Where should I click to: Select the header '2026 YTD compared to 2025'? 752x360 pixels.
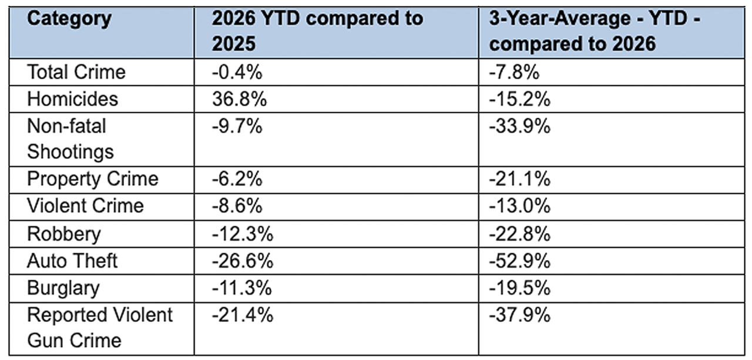[317, 31]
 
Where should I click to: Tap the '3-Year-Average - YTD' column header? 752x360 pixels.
[595, 31]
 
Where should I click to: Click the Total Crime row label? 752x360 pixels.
[76, 72]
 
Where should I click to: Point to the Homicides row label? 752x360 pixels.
[72, 99]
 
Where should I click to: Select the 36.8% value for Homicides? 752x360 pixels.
[239, 99]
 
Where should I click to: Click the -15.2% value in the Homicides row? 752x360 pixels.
[520, 99]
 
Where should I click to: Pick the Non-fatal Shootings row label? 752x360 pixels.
[70, 139]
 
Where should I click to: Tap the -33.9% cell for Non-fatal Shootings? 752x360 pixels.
[520, 126]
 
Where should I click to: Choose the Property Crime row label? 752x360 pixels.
[93, 179]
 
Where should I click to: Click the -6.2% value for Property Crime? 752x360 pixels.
[237, 179]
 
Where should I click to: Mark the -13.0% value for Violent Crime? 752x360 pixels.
[520, 206]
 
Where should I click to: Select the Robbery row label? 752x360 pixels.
[64, 234]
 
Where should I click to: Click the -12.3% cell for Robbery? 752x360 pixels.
[243, 234]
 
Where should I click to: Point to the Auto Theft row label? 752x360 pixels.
[72, 261]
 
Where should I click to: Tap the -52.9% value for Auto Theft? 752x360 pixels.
[520, 261]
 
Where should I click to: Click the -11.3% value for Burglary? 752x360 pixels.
[241, 288]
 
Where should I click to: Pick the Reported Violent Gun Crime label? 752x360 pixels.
[100, 328]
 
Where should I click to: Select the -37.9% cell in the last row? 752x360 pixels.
[520, 315]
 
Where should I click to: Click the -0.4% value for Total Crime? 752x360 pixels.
[237, 72]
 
